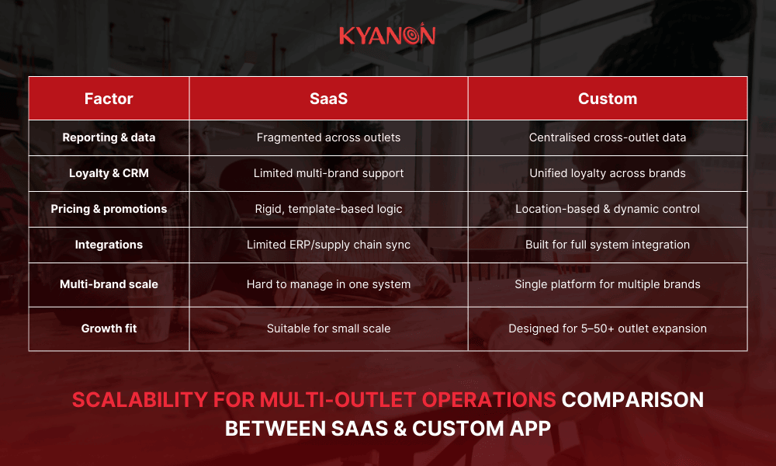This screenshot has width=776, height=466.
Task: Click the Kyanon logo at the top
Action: click(x=387, y=36)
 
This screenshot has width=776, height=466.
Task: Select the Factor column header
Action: click(x=109, y=99)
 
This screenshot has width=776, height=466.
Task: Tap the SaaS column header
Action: click(x=328, y=99)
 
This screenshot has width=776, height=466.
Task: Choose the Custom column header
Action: click(x=608, y=99)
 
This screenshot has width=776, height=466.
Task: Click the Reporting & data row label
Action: click(x=109, y=137)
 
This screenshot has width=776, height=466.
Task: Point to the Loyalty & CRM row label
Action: click(x=109, y=173)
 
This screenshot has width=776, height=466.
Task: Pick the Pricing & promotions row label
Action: click(x=109, y=209)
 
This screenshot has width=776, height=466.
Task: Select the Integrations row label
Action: click(x=109, y=245)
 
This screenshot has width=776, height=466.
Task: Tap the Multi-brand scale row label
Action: click(x=109, y=284)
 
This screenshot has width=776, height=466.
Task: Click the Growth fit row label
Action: click(x=109, y=329)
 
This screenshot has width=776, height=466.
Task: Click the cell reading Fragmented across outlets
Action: click(x=328, y=137)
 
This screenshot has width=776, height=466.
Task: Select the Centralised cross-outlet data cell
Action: click(x=608, y=137)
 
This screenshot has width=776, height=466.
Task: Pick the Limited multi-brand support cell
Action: click(x=328, y=173)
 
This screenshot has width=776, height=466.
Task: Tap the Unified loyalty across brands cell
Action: click(x=608, y=173)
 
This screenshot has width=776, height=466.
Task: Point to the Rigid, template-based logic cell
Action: click(x=328, y=209)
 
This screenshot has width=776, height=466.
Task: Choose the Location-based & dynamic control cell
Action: click(x=608, y=209)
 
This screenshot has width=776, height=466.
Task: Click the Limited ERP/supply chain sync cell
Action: click(x=328, y=245)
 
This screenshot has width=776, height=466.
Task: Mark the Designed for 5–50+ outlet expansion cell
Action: click(x=608, y=329)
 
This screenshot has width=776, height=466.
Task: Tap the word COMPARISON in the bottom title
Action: click(x=632, y=400)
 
